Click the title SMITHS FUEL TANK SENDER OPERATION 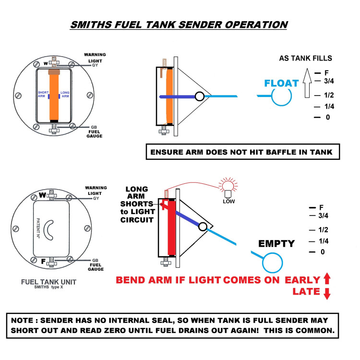[179, 25]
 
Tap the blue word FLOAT [281, 84]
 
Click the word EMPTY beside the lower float [276, 243]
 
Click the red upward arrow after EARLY [327, 279]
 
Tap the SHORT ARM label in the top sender [43, 95]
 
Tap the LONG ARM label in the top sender [65, 95]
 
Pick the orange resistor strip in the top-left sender [54, 96]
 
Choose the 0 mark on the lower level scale [322, 252]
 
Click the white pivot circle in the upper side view [199, 96]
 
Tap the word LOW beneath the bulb [229, 201]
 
